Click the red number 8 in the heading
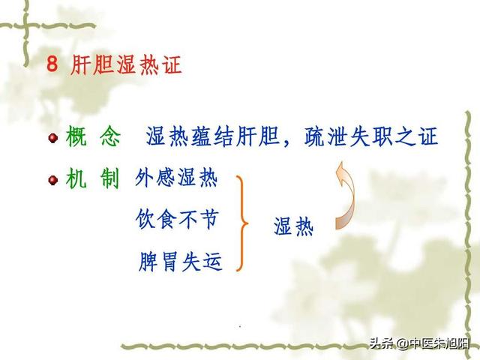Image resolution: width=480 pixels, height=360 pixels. tap(52, 64)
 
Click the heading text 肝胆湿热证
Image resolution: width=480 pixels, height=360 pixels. tap(125, 64)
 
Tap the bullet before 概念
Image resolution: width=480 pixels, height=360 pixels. tap(52, 138)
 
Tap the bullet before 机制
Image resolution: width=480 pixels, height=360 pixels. tap(52, 180)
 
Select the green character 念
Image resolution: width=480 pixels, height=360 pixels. tap(109, 137)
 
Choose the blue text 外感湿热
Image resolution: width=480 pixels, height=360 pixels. tap(176, 179)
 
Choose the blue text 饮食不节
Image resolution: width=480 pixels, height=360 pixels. tap(177, 220)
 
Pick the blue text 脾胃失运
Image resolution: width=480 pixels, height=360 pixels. tap(181, 262)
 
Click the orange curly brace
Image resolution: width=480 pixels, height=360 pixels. tap(241, 223)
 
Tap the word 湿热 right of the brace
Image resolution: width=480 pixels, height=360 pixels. tap(293, 226)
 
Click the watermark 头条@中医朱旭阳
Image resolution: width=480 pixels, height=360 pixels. tap(419, 345)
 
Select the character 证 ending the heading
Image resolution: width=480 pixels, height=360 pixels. tap(171, 64)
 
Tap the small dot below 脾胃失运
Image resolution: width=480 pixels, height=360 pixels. tap(239, 327)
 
